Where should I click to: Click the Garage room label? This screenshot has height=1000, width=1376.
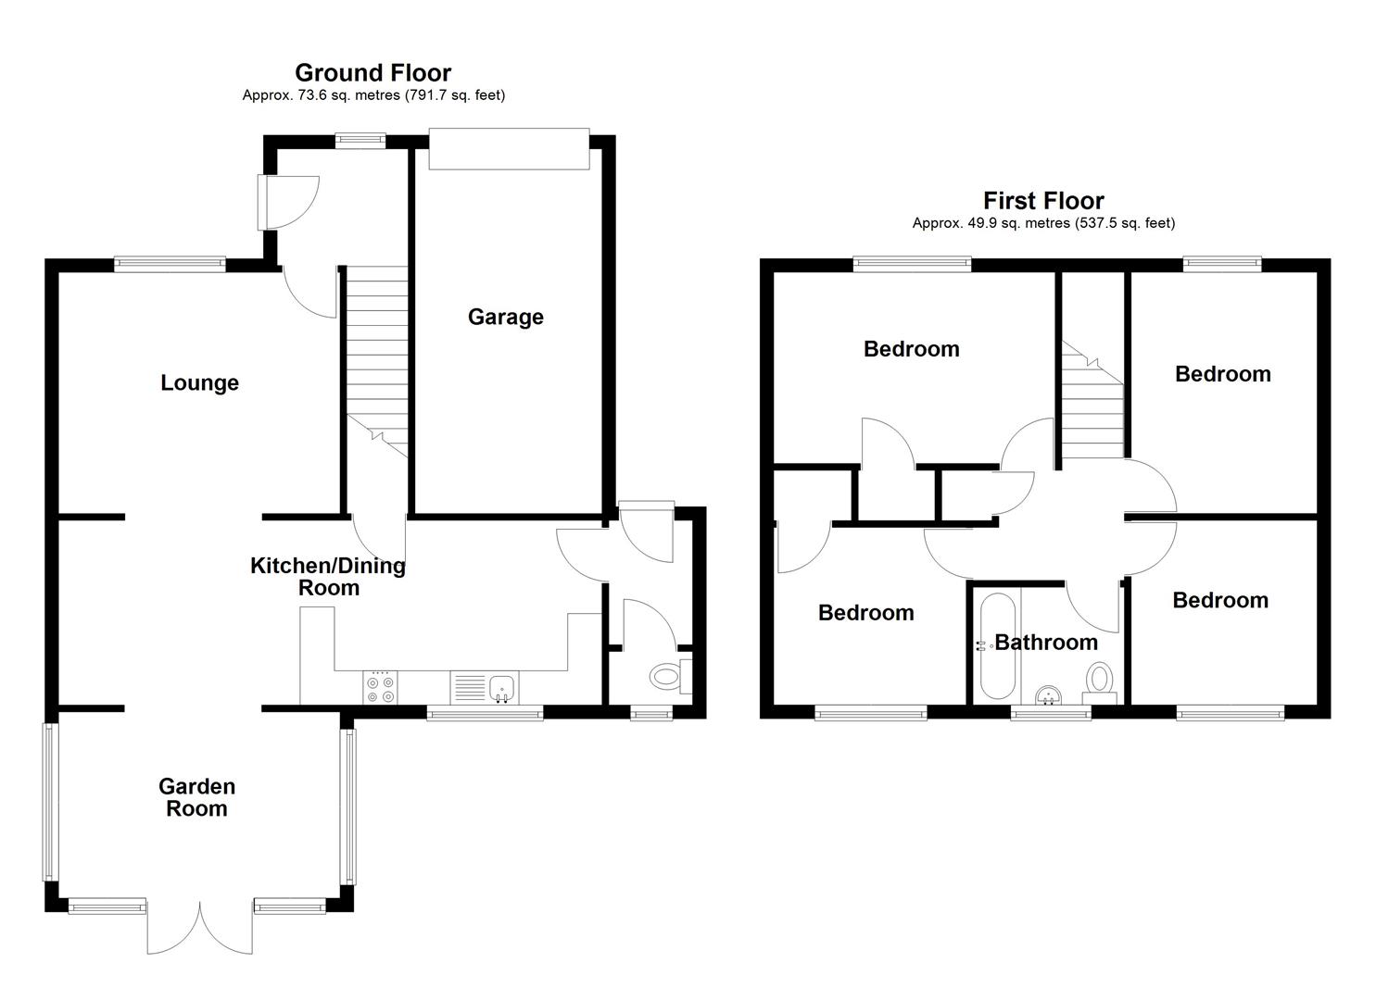coord(505,318)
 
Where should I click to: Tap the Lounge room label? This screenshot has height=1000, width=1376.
coord(199,383)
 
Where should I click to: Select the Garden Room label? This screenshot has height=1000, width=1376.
coord(196,797)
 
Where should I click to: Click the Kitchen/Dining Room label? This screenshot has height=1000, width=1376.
coord(328,577)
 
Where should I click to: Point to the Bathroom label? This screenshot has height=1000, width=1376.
coord(1045,643)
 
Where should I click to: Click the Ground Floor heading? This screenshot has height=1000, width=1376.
coord(372,73)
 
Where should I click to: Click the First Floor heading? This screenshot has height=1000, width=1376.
coord(1043,201)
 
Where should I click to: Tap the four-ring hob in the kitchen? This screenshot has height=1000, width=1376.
coord(380,686)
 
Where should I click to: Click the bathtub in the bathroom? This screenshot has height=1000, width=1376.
coord(997,645)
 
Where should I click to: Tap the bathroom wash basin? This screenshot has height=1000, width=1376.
coord(1049,694)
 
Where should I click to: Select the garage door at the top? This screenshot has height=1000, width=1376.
coord(509,149)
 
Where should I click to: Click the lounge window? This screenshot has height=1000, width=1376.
coord(170,265)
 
